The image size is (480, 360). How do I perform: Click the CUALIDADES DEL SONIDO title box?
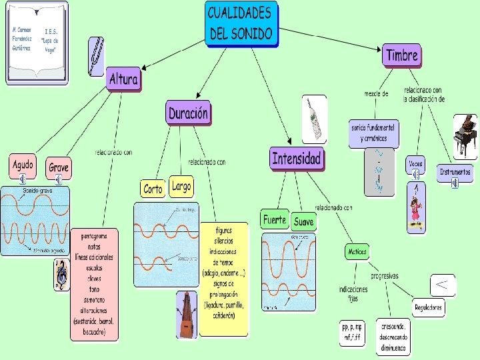click(241, 23)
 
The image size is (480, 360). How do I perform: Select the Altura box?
click(123, 79)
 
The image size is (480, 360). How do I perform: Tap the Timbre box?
click(402, 55)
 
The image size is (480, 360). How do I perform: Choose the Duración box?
click(188, 113)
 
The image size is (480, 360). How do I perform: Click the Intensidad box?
click(297, 159)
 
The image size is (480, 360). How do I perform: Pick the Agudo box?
click(23, 164)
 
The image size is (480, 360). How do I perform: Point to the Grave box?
click(59, 167)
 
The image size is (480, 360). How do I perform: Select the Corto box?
click(153, 189)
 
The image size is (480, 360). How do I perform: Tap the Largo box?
click(181, 187)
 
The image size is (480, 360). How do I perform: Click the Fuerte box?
click(274, 219)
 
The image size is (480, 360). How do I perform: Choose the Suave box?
click(303, 220)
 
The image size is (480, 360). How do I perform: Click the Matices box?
click(357, 251)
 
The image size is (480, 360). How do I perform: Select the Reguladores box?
click(428, 307)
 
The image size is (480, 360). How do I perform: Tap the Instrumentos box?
click(455, 172)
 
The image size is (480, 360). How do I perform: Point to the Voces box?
click(415, 163)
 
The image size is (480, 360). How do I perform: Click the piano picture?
click(465, 135)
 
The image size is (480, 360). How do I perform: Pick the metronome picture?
click(186, 315)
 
